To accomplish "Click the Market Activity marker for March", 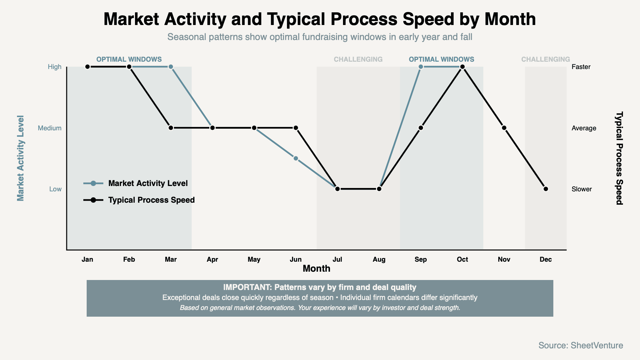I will pos(171,67).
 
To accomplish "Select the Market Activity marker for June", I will pos(296,158).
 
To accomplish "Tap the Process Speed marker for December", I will pos(546,189).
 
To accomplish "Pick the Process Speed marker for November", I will pos(504,128).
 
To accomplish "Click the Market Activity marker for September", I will pos(421,67).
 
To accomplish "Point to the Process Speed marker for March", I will pos(171,128).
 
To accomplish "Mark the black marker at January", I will pos(87,67).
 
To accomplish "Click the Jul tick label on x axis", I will pos(337,259).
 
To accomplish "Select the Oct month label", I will pos(462,259).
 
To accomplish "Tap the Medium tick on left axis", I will pos(50,128).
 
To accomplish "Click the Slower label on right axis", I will pos(582,189).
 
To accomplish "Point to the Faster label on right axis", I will pos(581,67).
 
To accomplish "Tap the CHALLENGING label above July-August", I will pos(358,59).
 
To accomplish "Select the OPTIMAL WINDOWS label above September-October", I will pos(441,59).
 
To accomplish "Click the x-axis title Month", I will pos(316,268).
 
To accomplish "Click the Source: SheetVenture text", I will pos(581,345).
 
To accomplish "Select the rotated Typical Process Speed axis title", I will pos(619,158).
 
